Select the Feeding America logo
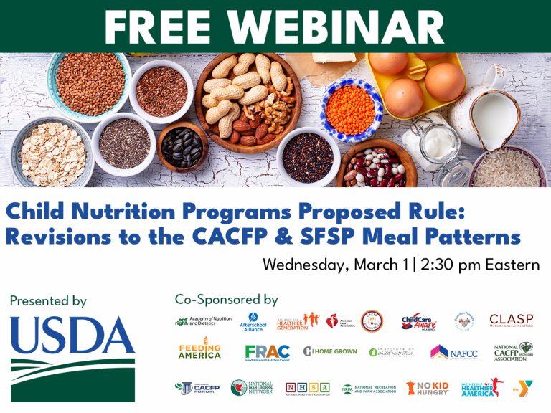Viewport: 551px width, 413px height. click(199, 351)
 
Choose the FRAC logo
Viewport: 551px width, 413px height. click(267, 352)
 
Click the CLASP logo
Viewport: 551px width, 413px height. click(511, 320)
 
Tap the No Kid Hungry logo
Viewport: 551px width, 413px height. click(428, 388)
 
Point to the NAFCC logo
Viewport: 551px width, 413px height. click(453, 352)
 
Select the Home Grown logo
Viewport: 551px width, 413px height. click(330, 352)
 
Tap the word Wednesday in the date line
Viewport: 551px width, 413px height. click(306, 264)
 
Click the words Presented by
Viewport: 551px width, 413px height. click(48, 301)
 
